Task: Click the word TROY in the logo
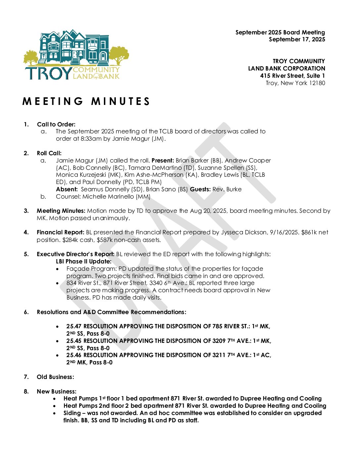[48, 73]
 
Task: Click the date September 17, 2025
[297, 40]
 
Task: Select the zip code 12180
[317, 83]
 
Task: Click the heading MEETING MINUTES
[86, 102]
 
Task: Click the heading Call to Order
[56, 124]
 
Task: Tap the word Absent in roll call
[67, 189]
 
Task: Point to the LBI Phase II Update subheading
[83, 261]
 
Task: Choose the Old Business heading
[55, 377]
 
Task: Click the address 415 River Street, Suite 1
[292, 76]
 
